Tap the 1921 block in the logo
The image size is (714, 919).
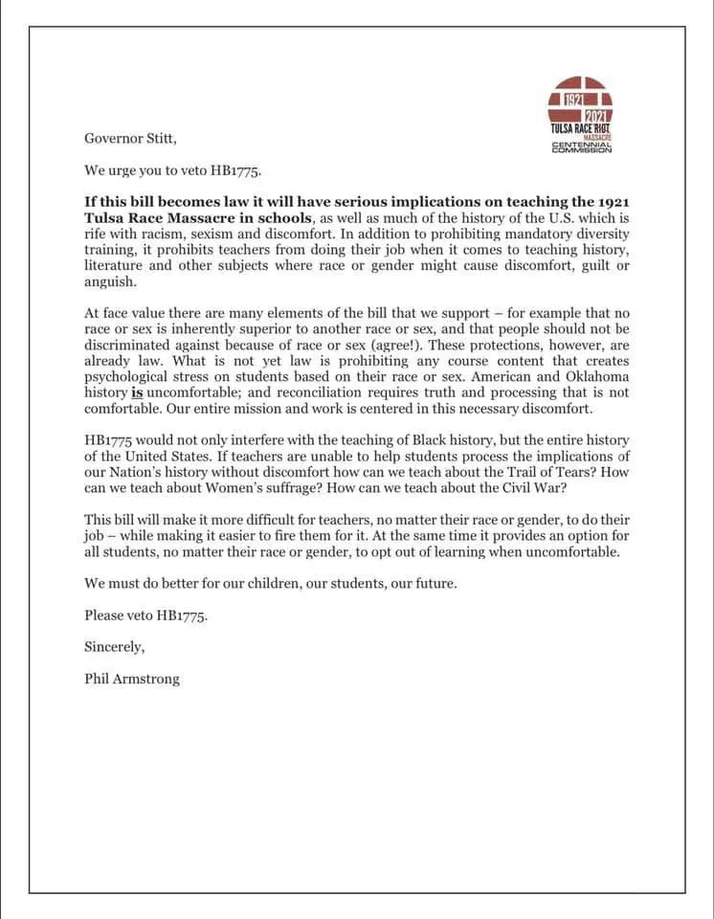[571, 98]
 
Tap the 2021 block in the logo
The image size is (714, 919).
[598, 116]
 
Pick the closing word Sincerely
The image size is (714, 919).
[114, 647]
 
